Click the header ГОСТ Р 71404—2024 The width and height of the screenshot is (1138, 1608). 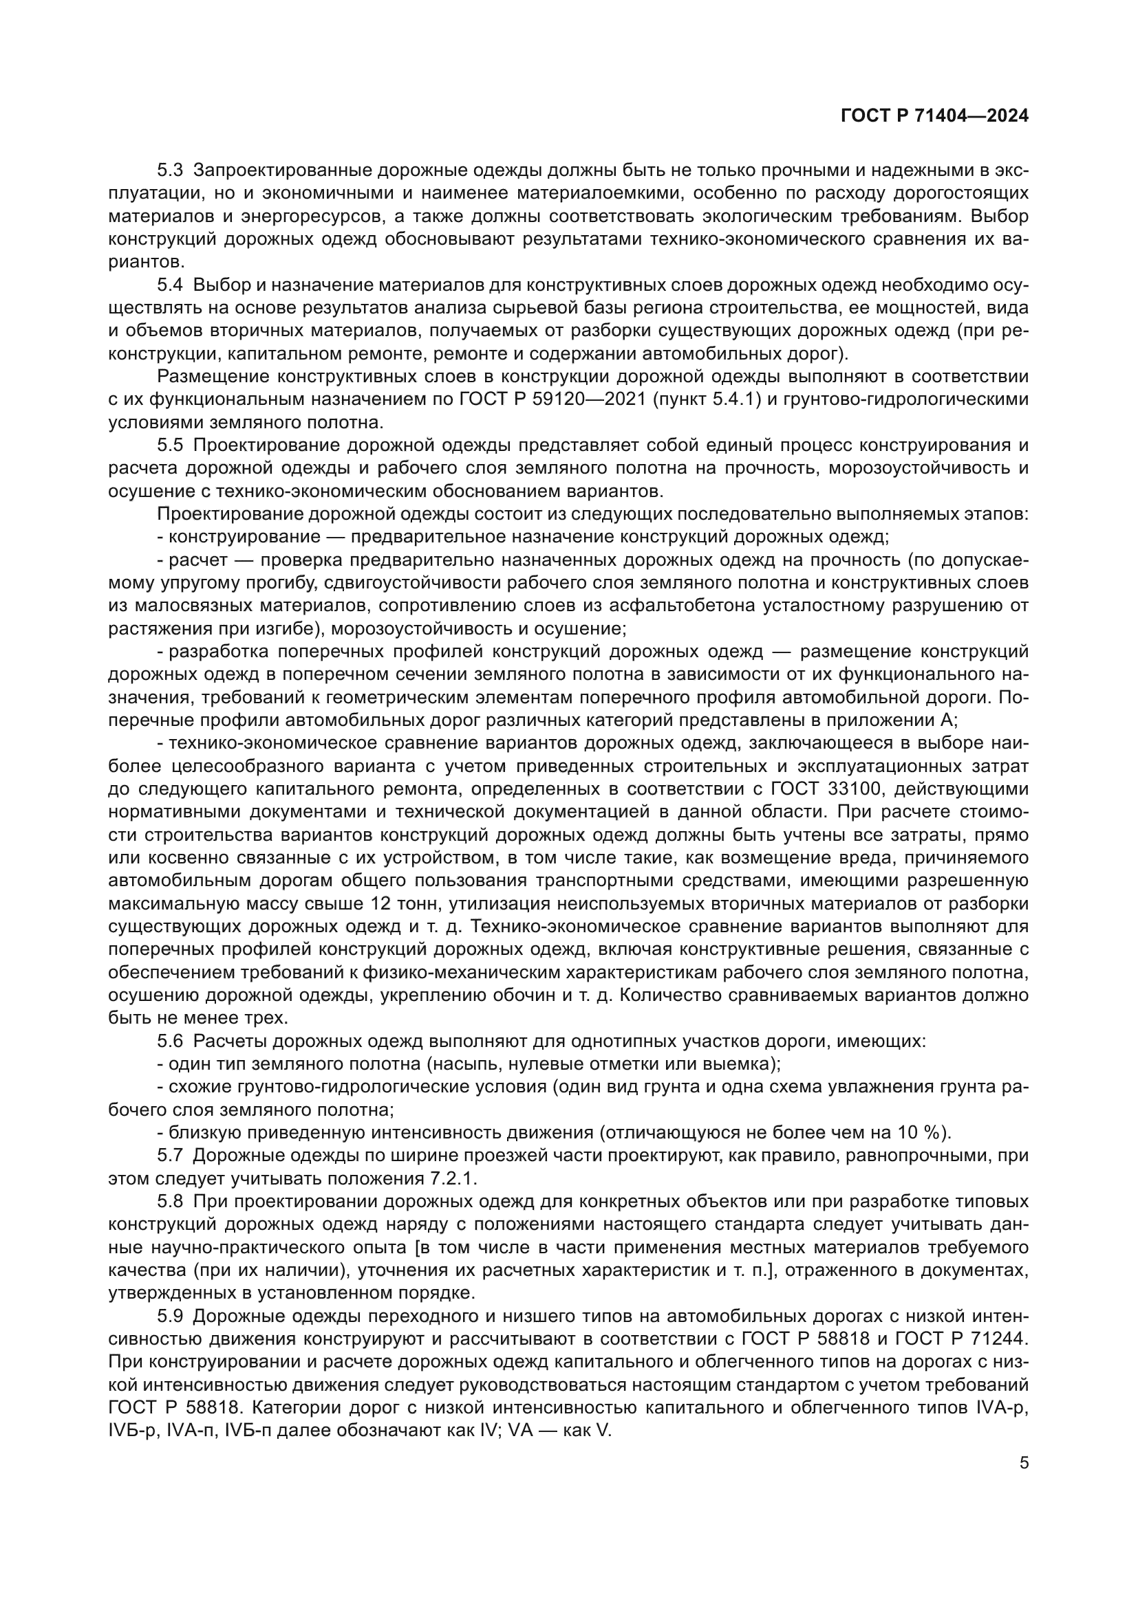[934, 116]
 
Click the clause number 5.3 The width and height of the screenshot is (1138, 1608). [170, 170]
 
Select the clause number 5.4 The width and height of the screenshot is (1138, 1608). [170, 285]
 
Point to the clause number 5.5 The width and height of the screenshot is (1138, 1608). [170, 445]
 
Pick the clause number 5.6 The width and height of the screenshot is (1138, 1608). [170, 1042]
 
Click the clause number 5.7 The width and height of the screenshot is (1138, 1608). [170, 1156]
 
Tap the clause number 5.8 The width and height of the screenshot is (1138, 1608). [170, 1202]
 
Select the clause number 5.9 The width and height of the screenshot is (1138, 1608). [170, 1316]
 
